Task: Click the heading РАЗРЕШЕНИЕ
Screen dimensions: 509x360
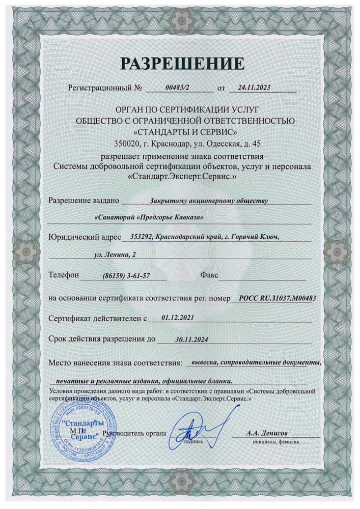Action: [182, 63]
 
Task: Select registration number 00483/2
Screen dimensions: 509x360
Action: [177, 88]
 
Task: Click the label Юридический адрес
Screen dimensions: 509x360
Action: [85, 237]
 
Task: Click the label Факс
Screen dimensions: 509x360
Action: [209, 275]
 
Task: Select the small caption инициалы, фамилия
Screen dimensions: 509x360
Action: [273, 443]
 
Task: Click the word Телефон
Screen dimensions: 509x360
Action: [64, 275]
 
